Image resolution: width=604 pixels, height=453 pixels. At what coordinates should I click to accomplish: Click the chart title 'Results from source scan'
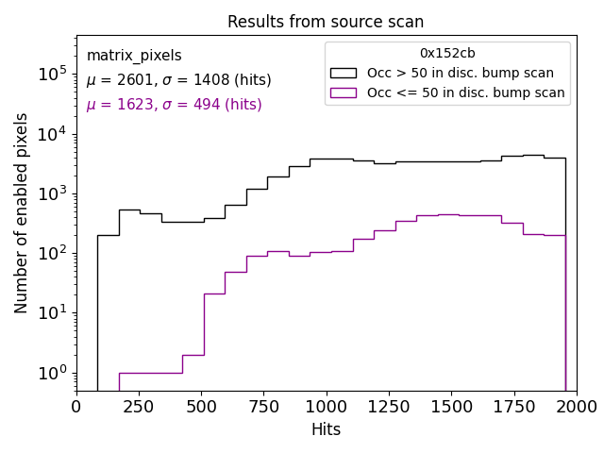tap(326, 22)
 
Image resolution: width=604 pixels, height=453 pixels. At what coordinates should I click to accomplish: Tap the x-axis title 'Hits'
tap(326, 429)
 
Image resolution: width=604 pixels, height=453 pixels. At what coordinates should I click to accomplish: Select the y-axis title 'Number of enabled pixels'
tap(22, 212)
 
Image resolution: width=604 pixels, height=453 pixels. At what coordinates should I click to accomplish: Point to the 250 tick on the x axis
tap(139, 407)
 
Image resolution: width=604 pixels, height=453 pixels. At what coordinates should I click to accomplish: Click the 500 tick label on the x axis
tap(201, 407)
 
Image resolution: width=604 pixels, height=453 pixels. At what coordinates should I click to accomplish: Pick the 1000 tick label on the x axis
tap(326, 407)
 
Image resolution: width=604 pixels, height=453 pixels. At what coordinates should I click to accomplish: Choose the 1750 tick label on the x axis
tap(513, 407)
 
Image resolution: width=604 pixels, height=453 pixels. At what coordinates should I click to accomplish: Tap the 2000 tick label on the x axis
tap(576, 407)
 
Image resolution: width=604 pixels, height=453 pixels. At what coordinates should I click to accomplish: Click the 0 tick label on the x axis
tap(76, 407)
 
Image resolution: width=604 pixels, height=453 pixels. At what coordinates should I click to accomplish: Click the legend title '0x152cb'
tap(447, 54)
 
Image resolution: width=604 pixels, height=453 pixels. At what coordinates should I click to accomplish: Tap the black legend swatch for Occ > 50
tap(344, 73)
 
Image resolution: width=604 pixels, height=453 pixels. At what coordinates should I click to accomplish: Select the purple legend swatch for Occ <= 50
tap(344, 92)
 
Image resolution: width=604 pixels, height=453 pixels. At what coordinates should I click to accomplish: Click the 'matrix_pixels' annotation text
tap(134, 56)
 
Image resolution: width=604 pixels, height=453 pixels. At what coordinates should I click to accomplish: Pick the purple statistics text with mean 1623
tap(174, 105)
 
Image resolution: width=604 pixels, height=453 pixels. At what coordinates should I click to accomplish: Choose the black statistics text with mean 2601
tap(178, 80)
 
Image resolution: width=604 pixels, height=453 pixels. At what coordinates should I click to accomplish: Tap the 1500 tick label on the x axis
tap(451, 407)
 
